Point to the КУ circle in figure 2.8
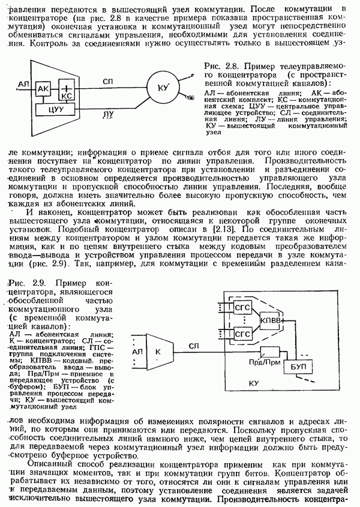click(x=161, y=88)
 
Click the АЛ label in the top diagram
click(x=23, y=83)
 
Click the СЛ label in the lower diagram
click(x=193, y=345)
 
